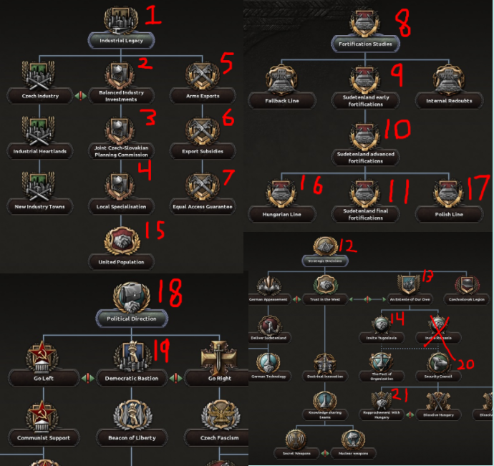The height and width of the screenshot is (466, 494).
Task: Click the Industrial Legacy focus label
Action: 121,41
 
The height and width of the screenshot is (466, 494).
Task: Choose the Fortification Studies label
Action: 366,44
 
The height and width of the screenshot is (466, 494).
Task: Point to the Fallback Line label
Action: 281,101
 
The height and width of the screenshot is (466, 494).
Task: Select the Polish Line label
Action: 448,214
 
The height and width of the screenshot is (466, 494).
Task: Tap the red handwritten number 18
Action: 165,293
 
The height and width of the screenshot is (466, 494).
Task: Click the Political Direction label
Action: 132,318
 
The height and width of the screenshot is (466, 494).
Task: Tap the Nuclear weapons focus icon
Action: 352,439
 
